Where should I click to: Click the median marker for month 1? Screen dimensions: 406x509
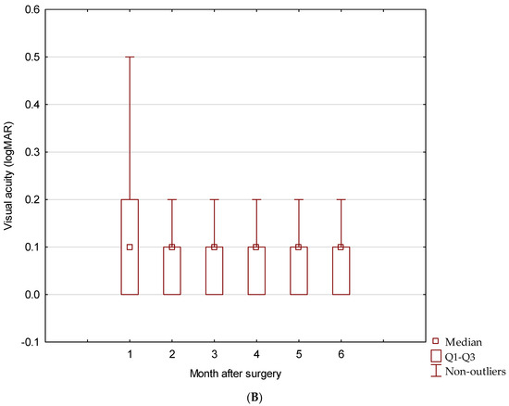pyautogui.click(x=130, y=247)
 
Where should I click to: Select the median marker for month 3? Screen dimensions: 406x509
pyautogui.click(x=214, y=247)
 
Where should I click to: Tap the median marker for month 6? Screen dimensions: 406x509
pyautogui.click(x=341, y=247)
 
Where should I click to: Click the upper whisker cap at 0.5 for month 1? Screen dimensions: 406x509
pyautogui.click(x=130, y=57)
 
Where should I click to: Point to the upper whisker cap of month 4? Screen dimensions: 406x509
pyautogui.click(x=256, y=199)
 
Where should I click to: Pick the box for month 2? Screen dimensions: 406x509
pyautogui.click(x=172, y=271)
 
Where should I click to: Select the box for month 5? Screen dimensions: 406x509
pyautogui.click(x=298, y=271)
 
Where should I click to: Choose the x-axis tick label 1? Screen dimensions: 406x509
pyautogui.click(x=130, y=355)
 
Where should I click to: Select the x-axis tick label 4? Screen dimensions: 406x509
pyautogui.click(x=256, y=355)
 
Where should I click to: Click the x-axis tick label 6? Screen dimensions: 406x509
pyautogui.click(x=341, y=355)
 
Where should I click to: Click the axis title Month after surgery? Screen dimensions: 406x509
pyautogui.click(x=235, y=373)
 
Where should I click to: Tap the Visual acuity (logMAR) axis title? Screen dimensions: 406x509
pyautogui.click(x=10, y=176)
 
